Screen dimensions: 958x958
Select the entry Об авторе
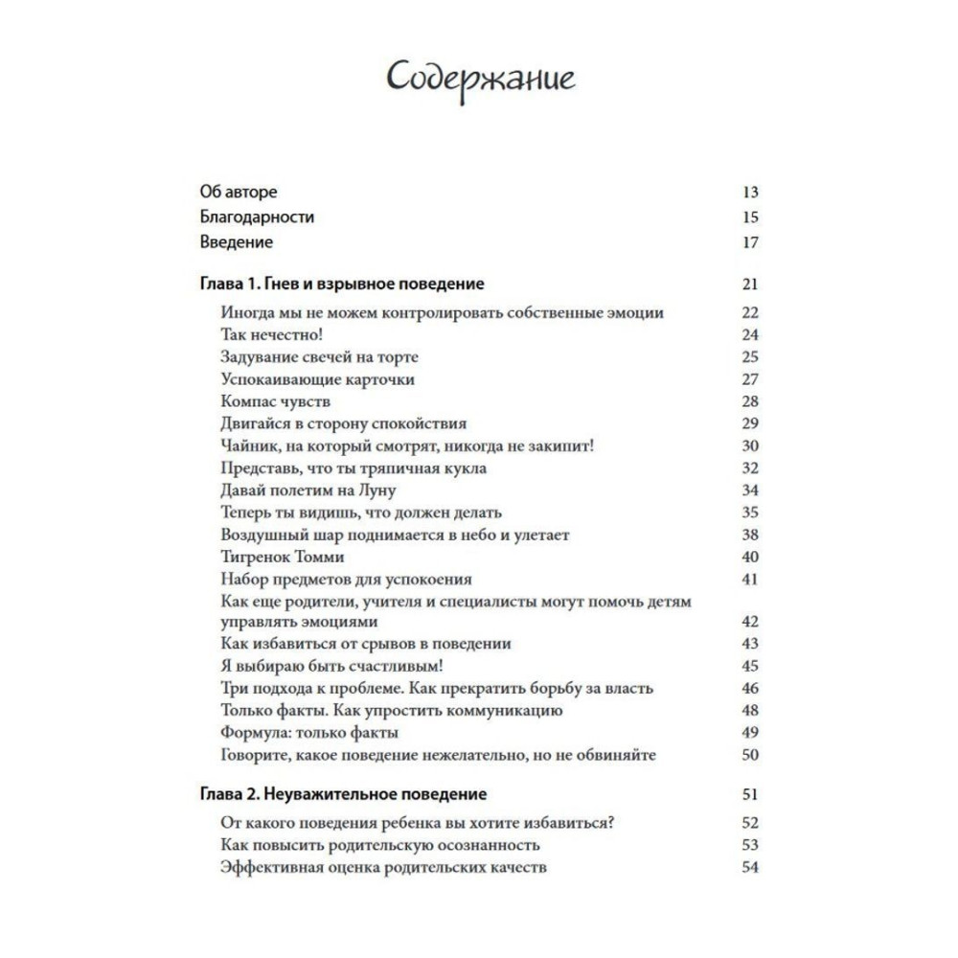[x=239, y=192]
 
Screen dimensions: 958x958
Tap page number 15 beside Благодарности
[x=750, y=217]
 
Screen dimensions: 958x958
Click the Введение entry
[x=237, y=242]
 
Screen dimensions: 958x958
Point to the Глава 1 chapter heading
[x=342, y=285]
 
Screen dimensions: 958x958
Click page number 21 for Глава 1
[x=750, y=285]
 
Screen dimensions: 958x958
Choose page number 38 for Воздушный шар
[x=750, y=535]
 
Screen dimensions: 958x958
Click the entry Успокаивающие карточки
[x=304, y=379]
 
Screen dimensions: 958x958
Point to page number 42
[x=750, y=621]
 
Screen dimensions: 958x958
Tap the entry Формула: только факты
[x=308, y=733]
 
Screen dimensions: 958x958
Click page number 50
[x=750, y=755]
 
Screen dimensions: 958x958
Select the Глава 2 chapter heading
[x=343, y=794]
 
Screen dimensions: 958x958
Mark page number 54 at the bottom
[x=750, y=867]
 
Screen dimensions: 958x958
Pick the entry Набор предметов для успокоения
[x=346, y=579]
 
